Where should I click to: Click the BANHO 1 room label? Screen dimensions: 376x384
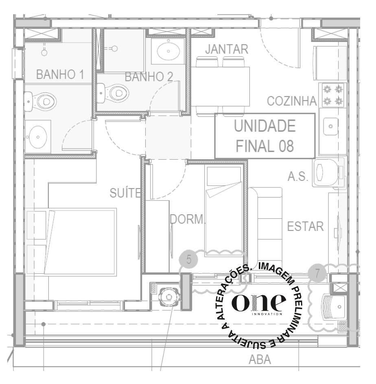(60, 75)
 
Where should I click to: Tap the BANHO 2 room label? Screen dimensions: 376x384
(149, 77)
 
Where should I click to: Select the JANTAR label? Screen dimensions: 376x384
(227, 49)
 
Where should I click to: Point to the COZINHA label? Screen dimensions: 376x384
(291, 101)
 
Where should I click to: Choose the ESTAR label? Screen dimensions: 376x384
(306, 226)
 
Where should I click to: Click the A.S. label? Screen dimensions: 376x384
(298, 176)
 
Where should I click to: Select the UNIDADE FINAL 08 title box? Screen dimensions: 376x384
(265, 136)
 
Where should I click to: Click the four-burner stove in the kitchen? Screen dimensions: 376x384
(333, 95)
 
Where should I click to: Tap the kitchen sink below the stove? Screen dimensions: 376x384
(330, 126)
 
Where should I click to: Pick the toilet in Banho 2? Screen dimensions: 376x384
(113, 93)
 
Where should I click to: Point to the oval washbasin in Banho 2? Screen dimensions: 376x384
(168, 51)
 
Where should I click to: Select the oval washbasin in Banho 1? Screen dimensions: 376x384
(38, 137)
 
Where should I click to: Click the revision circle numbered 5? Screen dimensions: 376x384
(189, 259)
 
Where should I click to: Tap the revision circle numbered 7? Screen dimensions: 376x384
(317, 273)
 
